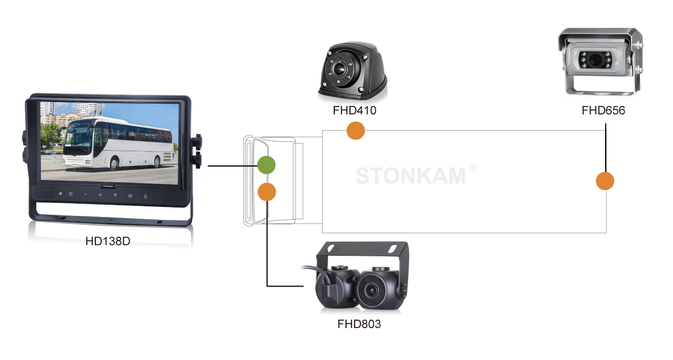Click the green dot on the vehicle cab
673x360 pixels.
point(266,165)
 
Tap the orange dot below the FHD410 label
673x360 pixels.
point(356,131)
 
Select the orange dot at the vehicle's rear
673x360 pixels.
point(605,181)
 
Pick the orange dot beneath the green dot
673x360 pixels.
point(267,192)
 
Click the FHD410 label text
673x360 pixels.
point(354,110)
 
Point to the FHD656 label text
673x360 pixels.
point(603,110)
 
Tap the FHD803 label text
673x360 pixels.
point(359,324)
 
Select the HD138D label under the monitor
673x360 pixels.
point(108,242)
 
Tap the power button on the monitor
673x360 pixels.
point(71,195)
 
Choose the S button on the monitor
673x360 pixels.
point(145,196)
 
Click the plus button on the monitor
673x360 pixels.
point(100,195)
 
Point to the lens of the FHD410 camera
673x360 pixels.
point(338,70)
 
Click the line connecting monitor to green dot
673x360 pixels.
point(232,166)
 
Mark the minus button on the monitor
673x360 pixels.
point(86,195)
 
